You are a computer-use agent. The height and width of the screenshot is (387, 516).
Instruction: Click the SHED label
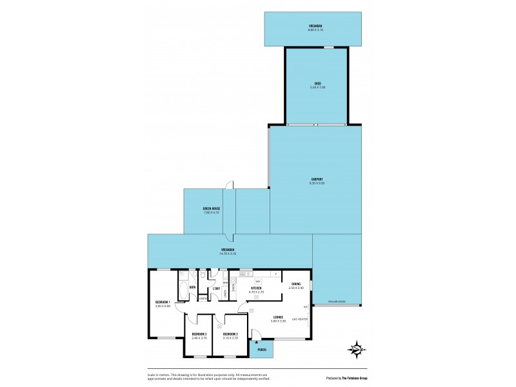(x=318, y=83)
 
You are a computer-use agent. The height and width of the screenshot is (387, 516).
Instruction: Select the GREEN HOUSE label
(x=212, y=208)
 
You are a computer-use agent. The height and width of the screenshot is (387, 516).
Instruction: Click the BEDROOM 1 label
(x=163, y=301)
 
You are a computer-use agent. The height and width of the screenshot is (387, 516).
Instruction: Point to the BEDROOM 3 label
(x=199, y=333)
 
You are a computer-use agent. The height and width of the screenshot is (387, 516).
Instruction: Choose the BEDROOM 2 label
(x=231, y=333)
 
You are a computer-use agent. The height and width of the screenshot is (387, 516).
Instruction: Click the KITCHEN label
(x=256, y=288)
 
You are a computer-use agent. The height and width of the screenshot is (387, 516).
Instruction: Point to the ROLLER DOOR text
(x=337, y=301)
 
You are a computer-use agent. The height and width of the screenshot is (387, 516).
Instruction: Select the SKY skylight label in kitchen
(x=257, y=282)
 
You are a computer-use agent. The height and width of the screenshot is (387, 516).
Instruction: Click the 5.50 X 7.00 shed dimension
(x=318, y=88)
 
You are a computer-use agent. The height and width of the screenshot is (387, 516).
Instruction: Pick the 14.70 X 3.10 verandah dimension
(x=228, y=253)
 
